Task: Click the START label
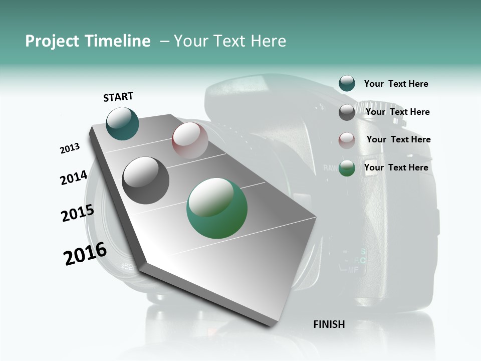118,97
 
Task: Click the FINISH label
329,324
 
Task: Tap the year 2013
70,148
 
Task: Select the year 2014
74,178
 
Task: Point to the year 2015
77,213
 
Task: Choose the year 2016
85,254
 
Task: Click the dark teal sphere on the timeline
122,123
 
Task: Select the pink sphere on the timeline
190,140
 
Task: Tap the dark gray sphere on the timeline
146,180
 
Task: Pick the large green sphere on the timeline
217,208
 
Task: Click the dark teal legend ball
347,84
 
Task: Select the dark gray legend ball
347,112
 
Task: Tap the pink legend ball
347,140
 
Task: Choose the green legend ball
347,168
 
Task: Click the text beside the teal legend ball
396,84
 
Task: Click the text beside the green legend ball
396,167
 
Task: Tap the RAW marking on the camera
330,168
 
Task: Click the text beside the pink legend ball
398,139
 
